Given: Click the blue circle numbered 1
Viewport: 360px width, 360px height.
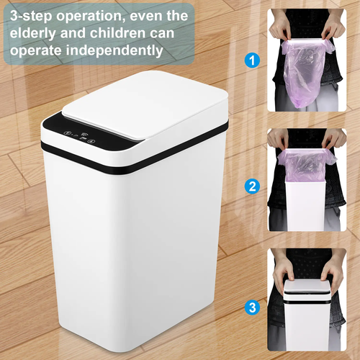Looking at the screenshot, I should click(x=252, y=60).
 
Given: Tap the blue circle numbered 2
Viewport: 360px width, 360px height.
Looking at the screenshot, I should click(x=252, y=186).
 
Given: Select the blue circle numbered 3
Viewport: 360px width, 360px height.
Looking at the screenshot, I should click(x=252, y=307).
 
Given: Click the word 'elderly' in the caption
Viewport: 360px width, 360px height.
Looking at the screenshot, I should click(x=32, y=32).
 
